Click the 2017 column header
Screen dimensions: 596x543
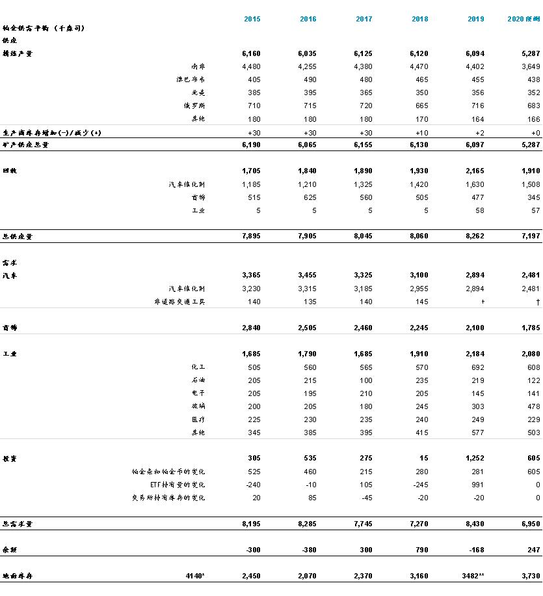(364, 19)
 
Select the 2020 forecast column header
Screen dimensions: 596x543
(523, 19)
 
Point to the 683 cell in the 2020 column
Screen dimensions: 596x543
(533, 106)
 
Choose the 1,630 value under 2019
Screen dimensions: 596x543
(475, 184)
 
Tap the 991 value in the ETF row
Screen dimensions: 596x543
(479, 485)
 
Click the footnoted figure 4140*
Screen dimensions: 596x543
(194, 576)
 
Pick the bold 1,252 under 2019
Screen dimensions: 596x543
(475, 459)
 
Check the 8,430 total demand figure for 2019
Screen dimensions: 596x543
(475, 524)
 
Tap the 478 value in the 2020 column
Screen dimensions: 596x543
(533, 406)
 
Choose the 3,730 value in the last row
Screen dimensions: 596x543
(531, 576)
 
